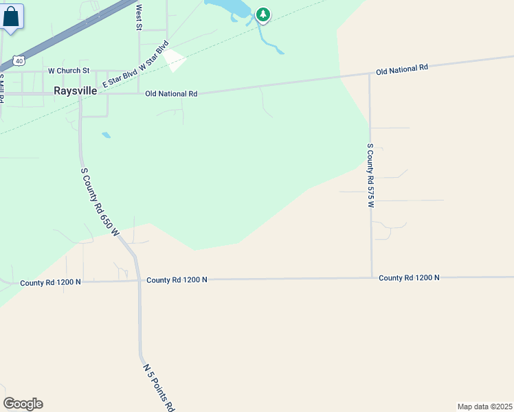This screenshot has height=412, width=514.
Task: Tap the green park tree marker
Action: point(262,14)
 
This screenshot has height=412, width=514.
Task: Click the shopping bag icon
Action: point(12,16)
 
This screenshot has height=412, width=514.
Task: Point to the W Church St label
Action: point(69,71)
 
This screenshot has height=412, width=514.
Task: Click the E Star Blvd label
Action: point(120,80)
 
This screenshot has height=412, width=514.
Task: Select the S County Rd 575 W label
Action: point(370,176)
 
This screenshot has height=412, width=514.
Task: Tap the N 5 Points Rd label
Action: point(159,387)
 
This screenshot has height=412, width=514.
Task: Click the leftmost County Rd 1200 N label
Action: point(50,282)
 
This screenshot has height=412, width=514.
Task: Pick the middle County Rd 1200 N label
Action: point(177,279)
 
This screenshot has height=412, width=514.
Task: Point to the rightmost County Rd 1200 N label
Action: point(409,277)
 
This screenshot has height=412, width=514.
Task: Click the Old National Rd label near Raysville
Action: point(171,93)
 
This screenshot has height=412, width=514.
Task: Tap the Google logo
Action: point(23,404)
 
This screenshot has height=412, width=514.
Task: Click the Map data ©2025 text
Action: point(484,407)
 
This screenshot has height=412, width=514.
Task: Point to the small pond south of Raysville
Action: point(106,135)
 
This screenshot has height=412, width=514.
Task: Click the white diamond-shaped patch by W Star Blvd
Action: point(174,60)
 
